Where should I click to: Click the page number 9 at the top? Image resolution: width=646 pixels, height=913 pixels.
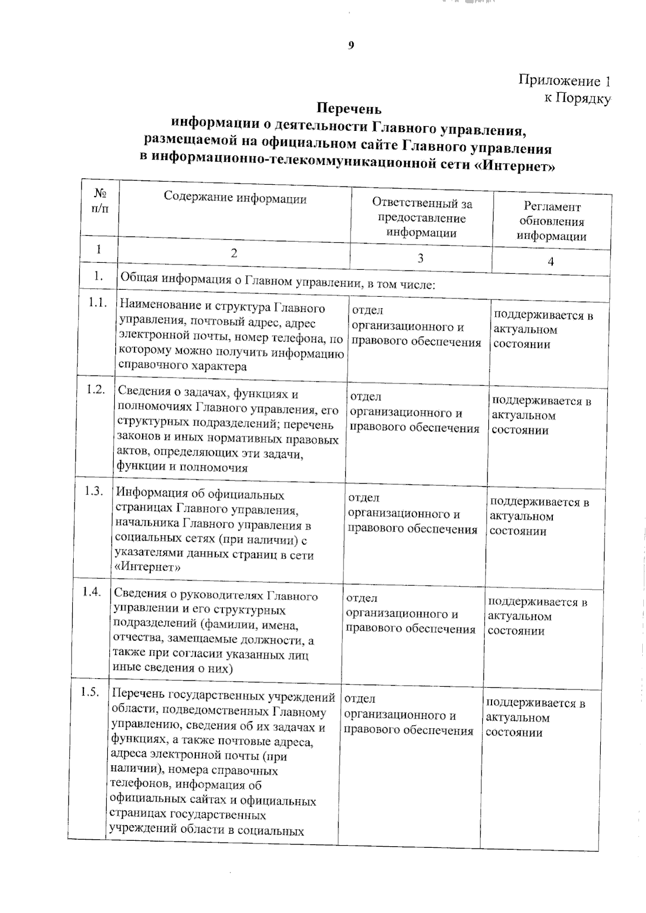[351, 46]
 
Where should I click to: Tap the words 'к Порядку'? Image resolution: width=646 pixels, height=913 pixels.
[577, 98]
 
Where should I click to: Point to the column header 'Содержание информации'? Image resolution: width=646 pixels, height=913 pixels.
[235, 199]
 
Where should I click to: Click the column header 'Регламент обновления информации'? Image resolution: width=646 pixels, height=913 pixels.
[552, 221]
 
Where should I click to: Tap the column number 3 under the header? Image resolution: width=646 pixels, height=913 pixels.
[420, 258]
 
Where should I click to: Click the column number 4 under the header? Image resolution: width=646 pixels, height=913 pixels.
[551, 262]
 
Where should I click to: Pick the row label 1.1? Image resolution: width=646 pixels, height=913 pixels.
[99, 303]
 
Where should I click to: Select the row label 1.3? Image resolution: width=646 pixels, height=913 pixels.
[94, 491]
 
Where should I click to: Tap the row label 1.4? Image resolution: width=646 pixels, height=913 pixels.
[92, 591]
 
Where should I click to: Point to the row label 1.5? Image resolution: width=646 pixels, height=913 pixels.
[90, 692]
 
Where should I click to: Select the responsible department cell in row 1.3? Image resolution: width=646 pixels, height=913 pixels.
[412, 514]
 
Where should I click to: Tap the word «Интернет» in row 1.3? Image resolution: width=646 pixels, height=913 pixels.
[148, 567]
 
